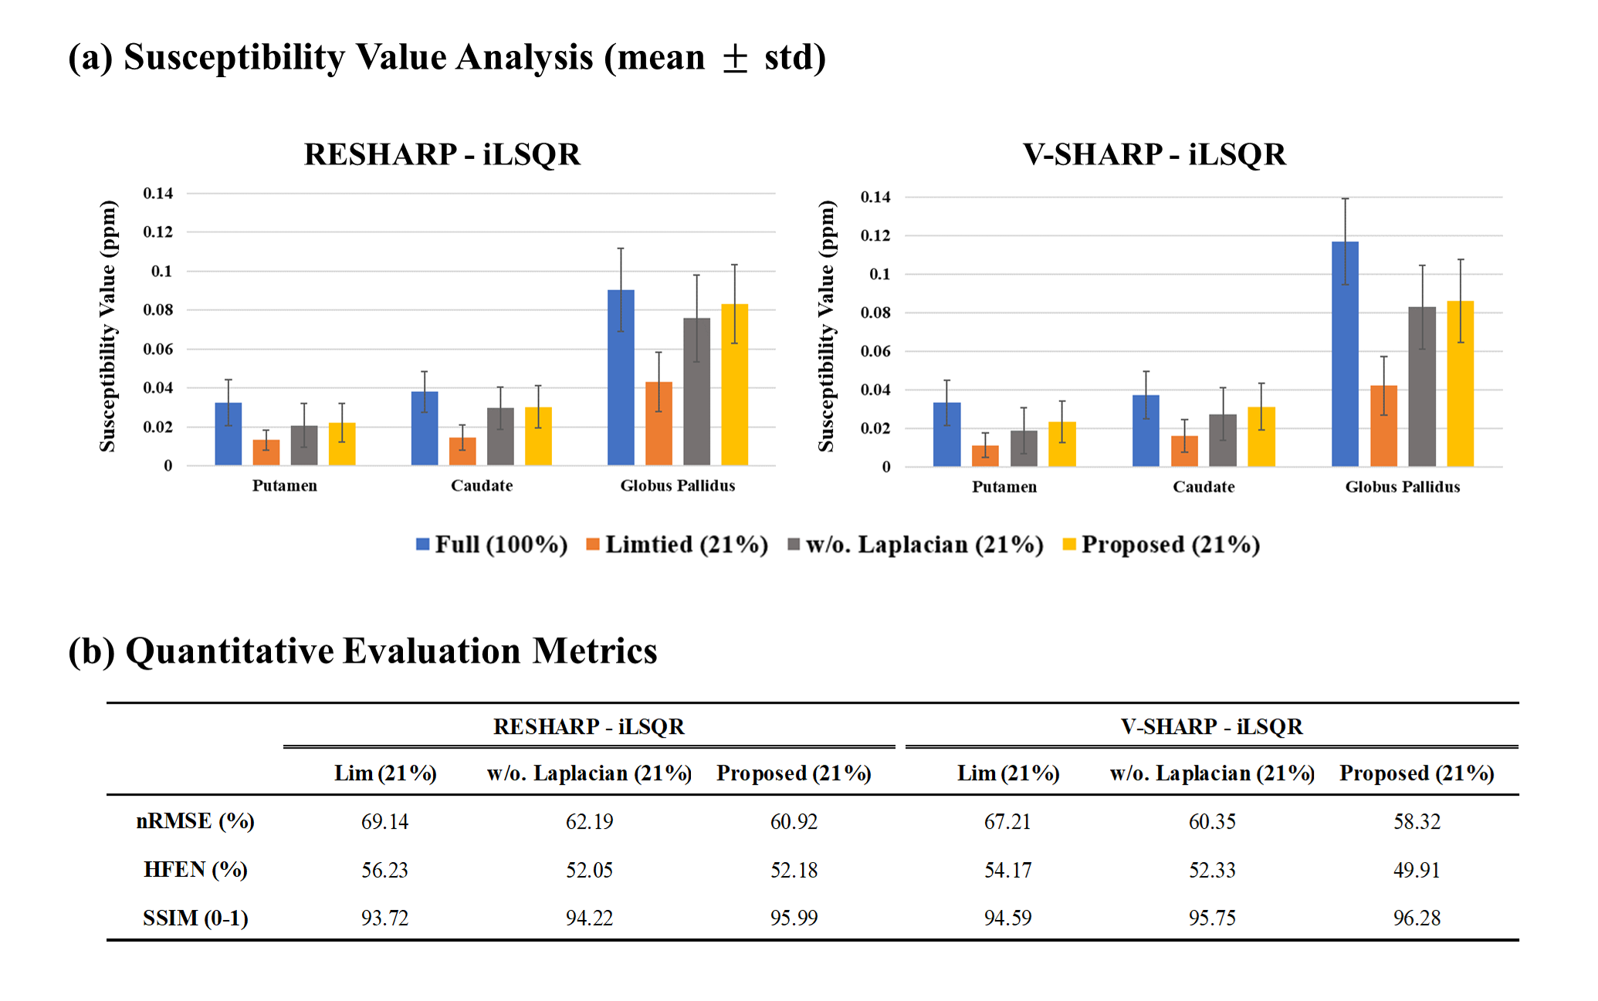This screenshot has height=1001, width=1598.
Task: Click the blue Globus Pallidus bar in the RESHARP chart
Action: point(621,377)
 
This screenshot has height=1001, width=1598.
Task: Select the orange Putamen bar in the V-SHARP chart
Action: point(985,456)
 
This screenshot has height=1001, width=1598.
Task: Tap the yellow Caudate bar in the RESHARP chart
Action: point(538,436)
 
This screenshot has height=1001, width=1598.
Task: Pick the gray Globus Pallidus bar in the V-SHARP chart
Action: point(1422,387)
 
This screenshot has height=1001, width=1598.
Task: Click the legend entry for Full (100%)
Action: point(492,545)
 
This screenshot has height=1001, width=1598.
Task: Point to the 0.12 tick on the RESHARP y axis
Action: point(157,232)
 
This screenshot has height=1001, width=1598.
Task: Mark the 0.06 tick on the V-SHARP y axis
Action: point(875,351)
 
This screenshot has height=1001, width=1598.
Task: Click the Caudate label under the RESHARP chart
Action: point(482,485)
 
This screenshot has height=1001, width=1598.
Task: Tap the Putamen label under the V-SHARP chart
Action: point(1004,487)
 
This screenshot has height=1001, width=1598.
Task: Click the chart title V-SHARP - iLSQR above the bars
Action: point(1154,154)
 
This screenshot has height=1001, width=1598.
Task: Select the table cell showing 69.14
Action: point(384,821)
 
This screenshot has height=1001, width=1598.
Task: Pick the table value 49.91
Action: point(1417,870)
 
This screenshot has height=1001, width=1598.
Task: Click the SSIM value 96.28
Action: point(1417,918)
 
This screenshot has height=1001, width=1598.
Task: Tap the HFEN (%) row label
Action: point(195,870)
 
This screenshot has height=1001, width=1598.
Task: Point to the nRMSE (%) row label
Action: point(195,821)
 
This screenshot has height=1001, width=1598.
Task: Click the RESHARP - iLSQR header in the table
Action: point(588,727)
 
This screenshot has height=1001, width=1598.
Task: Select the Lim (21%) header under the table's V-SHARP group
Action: point(1008,773)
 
